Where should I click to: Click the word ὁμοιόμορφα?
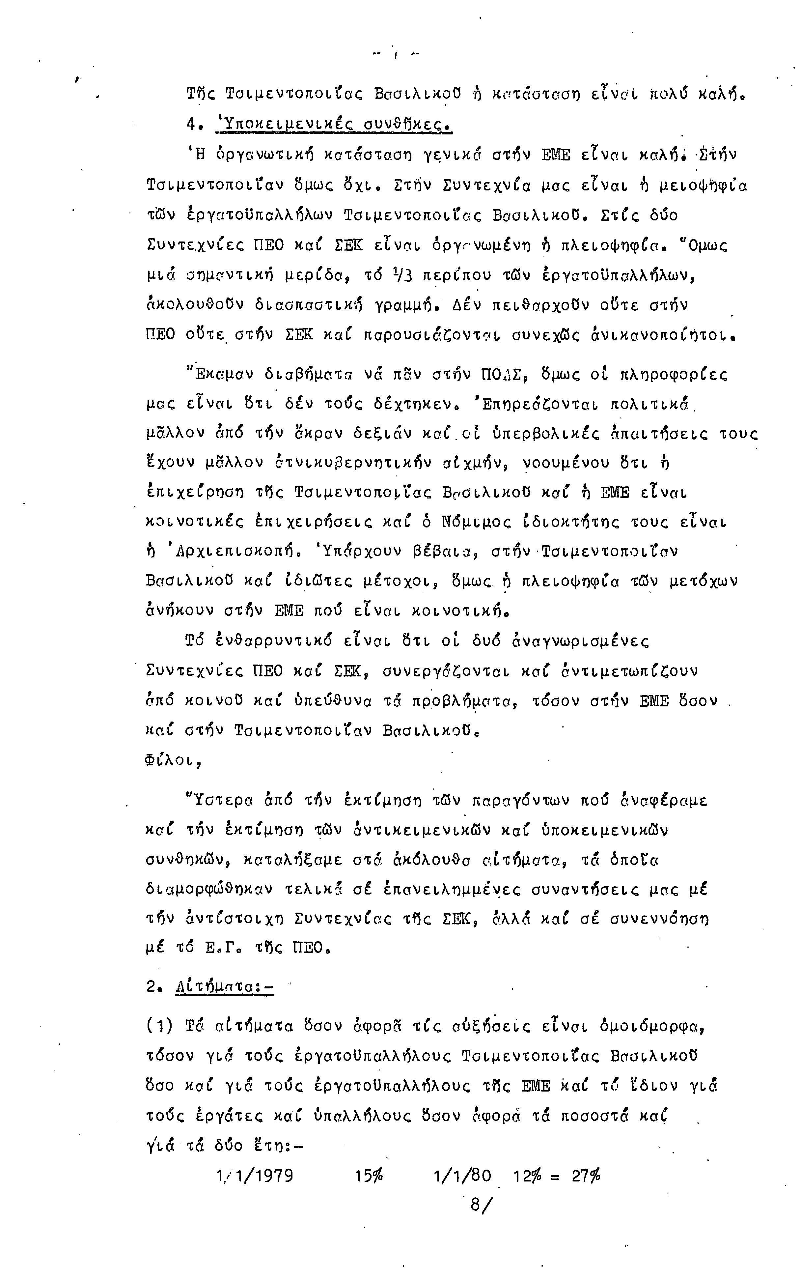coord(652,1026)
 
